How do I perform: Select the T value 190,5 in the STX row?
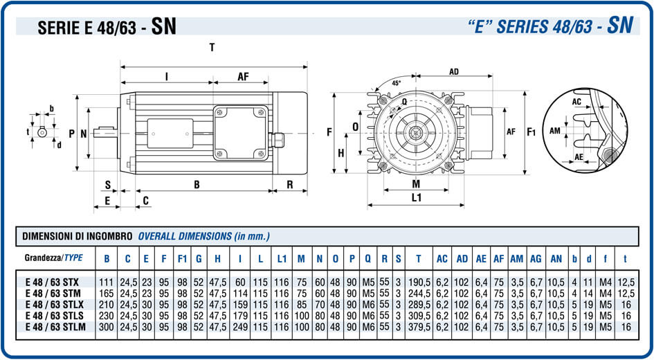[x=418, y=282]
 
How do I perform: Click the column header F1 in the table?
[x=183, y=258]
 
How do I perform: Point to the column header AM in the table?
[x=516, y=258]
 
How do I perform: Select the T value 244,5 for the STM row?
[x=418, y=294]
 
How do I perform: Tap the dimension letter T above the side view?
[x=212, y=48]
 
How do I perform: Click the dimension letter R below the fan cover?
[x=289, y=185]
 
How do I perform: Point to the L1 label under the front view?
[x=417, y=198]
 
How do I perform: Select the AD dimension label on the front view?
[x=454, y=72]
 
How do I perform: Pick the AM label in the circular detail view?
[x=555, y=130]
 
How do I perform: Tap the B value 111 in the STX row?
[x=107, y=282]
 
